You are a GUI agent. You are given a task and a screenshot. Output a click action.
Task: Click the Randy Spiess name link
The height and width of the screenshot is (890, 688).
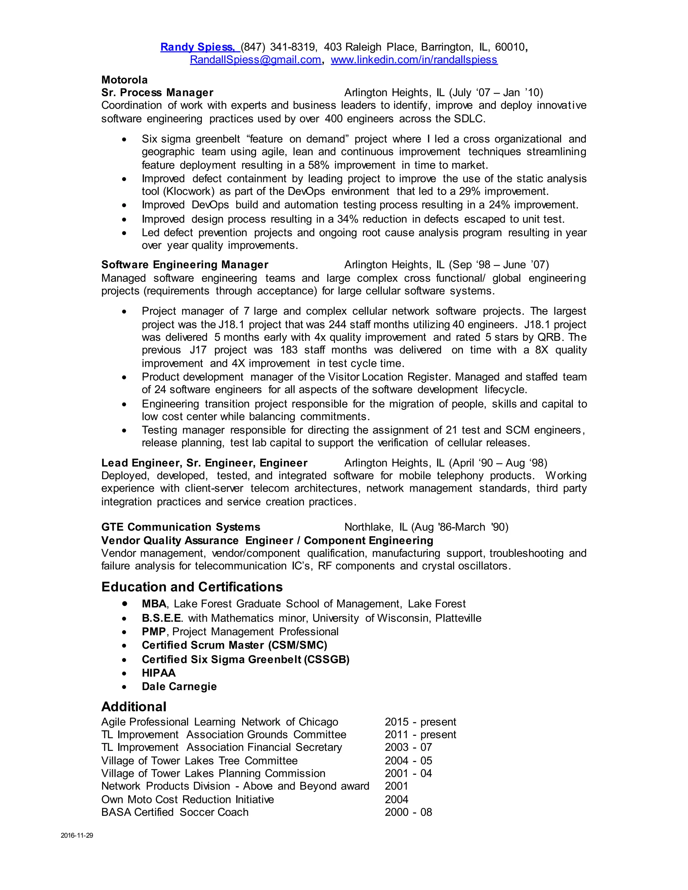coord(197,47)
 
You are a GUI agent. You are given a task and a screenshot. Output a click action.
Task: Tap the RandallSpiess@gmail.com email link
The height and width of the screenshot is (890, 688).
coord(255,60)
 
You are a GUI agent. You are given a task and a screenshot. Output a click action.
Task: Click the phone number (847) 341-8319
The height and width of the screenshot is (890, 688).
coord(278,47)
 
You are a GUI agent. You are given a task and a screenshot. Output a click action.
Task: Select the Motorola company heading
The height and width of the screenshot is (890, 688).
coord(124,80)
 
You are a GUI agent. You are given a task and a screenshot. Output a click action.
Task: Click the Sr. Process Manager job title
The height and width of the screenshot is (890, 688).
coord(157,93)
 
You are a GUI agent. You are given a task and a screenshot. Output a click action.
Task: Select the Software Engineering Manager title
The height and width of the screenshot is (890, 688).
coord(185,265)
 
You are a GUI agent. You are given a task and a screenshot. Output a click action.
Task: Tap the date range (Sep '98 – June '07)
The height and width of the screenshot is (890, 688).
coord(499,265)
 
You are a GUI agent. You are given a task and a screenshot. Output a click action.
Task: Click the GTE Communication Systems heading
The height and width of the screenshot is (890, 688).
coord(180,527)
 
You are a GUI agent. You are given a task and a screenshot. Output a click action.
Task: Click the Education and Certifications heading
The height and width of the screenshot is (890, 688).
coord(191,587)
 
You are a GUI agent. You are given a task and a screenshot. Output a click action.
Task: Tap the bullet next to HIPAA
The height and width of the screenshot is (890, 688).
coord(124,673)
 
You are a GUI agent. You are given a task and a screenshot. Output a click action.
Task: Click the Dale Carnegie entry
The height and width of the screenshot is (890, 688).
coord(179,687)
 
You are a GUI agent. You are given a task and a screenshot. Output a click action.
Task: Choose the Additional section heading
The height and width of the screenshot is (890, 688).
coord(134,707)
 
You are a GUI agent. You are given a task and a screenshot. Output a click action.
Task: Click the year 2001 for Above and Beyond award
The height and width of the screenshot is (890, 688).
coord(396,786)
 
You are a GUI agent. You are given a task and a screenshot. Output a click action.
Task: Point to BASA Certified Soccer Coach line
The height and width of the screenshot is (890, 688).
coord(175,812)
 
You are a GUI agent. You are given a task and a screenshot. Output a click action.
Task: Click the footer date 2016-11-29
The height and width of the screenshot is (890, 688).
coord(77,835)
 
